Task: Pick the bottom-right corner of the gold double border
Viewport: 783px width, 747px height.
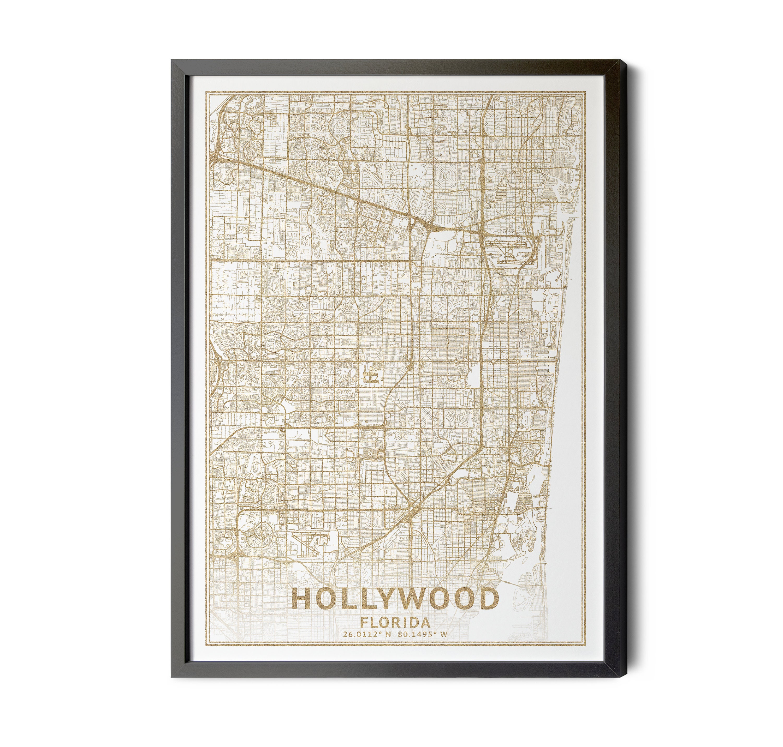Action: [x=586, y=655]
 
